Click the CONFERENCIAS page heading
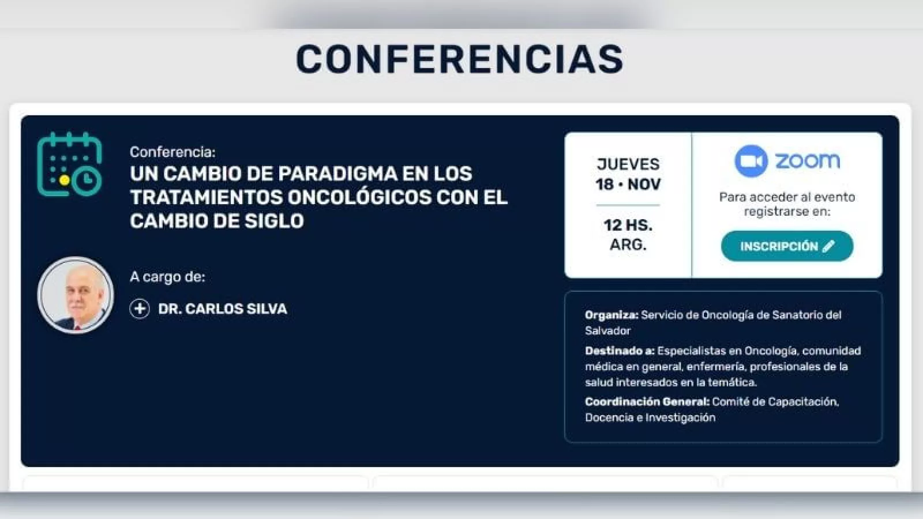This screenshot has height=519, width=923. coord(459,59)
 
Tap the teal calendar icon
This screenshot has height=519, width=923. coord(69,164)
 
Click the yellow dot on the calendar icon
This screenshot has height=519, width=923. coord(64,180)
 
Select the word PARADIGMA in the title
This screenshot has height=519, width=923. coord(337,174)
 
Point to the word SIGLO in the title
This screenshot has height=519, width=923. coord(274,221)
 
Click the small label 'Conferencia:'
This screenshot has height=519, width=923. coord(172,152)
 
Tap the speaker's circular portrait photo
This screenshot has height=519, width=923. coord(76,295)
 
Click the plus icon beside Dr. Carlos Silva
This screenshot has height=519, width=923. coord(140,309)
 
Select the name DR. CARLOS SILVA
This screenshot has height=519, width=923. coord(223,309)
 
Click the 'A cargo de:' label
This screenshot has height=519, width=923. coord(167,277)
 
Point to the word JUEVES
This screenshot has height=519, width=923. coord(628,164)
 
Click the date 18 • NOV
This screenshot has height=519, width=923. coord(628,184)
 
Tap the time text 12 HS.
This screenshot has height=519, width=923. coord(628,225)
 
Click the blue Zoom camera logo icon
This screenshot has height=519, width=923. coord(751,161)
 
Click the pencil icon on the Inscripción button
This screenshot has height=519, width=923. coord(828,246)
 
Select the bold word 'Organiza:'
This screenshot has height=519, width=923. coord(611,315)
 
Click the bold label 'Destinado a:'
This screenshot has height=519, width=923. coord(620,351)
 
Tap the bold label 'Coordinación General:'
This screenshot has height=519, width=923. coord(647,401)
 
